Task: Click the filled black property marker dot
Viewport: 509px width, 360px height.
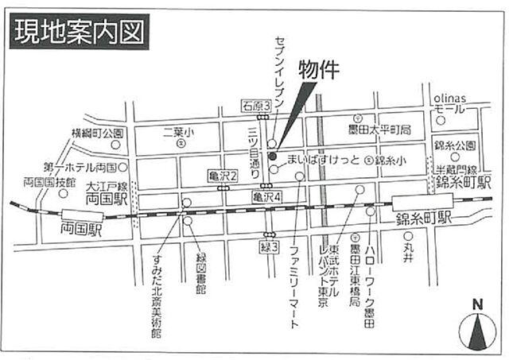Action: (x=271, y=154)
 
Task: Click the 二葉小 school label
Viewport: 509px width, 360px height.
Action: (x=179, y=132)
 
